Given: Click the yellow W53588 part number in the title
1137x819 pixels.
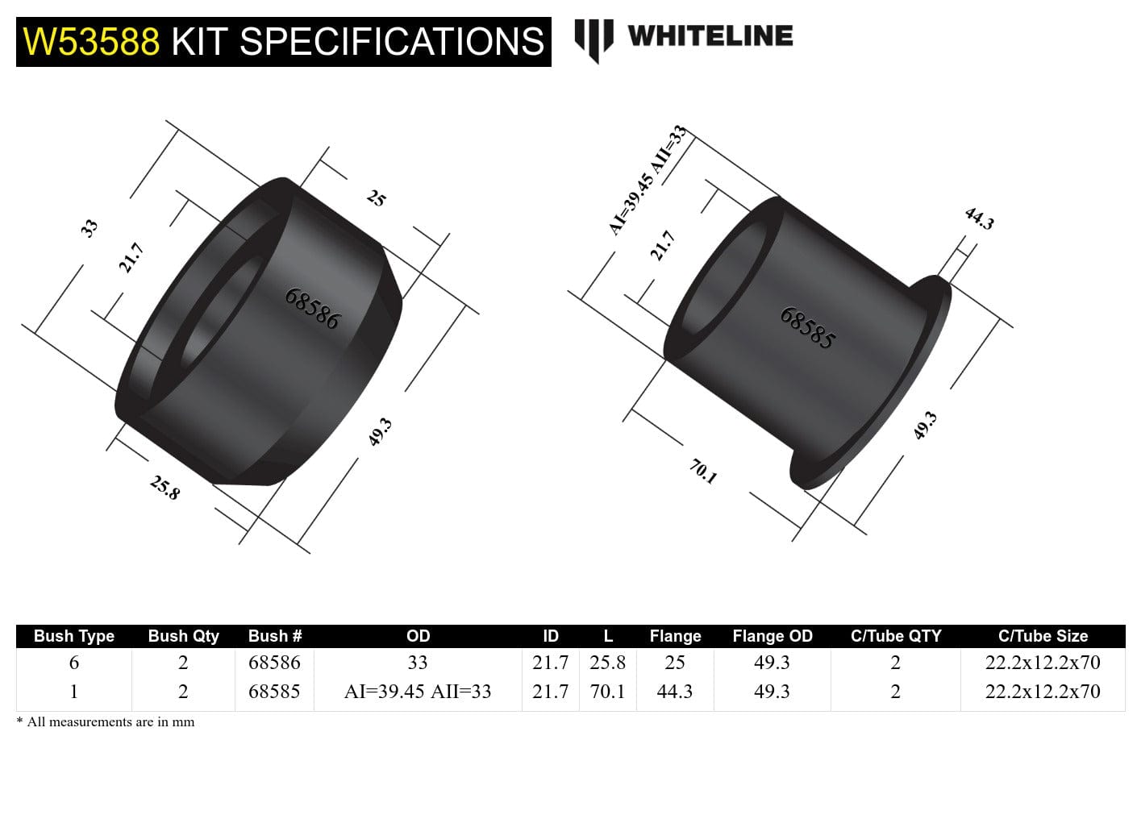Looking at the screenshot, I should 91,42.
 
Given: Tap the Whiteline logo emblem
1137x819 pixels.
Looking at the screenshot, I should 593,39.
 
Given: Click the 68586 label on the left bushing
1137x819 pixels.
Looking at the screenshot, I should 312,309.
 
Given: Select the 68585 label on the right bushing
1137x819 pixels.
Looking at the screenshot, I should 806,328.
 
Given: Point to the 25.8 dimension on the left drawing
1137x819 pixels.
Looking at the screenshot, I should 165,487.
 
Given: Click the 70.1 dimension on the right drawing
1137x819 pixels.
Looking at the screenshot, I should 703,471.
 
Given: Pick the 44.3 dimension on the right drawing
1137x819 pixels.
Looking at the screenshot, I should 979,218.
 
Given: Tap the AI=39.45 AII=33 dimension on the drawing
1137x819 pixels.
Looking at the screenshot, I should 646,181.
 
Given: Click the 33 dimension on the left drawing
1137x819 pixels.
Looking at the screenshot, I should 89,227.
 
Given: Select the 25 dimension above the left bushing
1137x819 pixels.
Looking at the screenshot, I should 377,197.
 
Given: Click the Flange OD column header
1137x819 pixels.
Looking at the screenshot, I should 772,636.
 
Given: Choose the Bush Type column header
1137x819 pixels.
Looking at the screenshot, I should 74,636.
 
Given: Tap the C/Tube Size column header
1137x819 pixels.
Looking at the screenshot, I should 1042,636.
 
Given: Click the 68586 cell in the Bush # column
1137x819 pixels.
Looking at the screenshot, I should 274,663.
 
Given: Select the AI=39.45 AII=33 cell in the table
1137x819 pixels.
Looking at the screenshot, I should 417,692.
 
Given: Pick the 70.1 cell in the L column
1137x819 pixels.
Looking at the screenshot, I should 607,692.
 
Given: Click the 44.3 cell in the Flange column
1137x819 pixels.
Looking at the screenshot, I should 674,692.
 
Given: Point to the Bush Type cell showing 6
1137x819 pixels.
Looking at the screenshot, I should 74,663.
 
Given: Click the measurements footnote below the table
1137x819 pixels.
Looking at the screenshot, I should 106,722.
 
